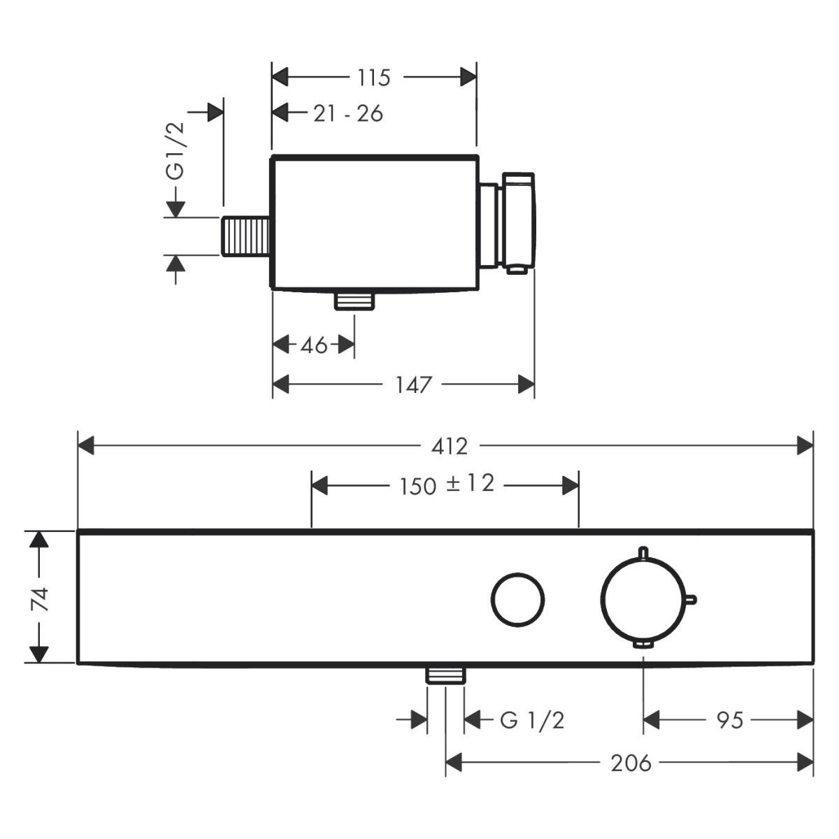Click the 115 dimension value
tap(373, 78)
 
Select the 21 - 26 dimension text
tap(347, 113)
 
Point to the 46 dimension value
tap(314, 345)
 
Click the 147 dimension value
tap(413, 384)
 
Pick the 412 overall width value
tap(450, 446)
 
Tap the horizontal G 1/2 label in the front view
tap(532, 719)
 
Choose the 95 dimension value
tap(729, 719)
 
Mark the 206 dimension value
tap(631, 763)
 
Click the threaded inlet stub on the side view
tap(246, 236)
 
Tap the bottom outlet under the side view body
tap(355, 301)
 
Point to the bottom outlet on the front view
tap(445, 674)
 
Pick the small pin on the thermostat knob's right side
tap(693, 598)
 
